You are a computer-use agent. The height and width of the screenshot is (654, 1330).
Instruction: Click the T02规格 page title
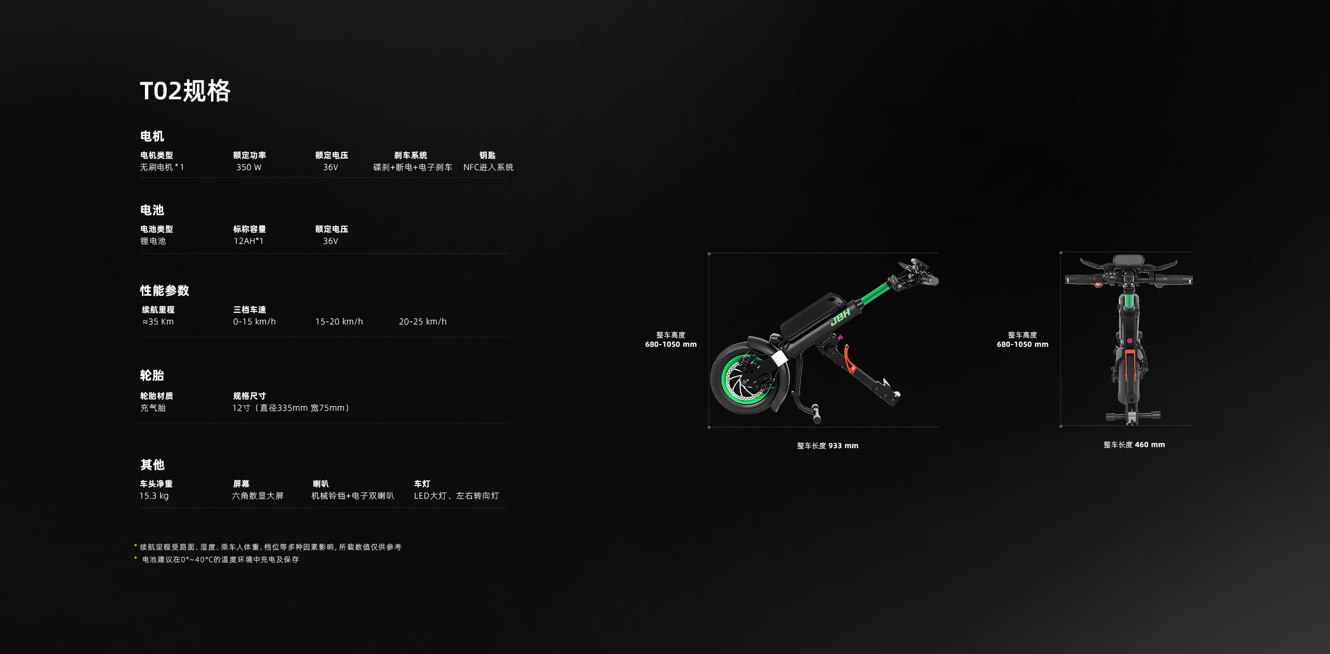point(185,91)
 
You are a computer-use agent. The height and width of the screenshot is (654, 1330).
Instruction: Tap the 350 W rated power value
point(249,167)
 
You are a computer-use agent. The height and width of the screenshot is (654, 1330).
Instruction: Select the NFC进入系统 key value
point(488,167)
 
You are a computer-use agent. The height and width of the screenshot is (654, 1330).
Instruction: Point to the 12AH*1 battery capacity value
point(248,241)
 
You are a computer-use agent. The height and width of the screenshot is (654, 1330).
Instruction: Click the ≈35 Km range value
point(158,322)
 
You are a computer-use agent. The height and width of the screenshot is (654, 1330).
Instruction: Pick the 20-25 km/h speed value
point(422,322)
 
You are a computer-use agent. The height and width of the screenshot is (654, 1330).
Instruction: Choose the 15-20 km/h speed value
point(339,322)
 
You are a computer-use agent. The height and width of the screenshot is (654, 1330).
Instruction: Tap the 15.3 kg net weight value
point(154,496)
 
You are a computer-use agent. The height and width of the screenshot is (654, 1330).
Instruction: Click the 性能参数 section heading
point(164,291)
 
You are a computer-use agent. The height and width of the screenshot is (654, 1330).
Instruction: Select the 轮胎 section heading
point(152,375)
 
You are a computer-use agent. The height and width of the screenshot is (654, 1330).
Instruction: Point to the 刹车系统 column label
point(410,155)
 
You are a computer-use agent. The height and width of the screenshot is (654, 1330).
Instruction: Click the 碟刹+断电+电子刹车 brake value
point(413,167)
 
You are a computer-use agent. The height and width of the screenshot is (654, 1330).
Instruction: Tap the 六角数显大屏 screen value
point(258,496)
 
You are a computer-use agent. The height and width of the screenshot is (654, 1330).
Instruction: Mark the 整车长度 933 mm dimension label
point(828,446)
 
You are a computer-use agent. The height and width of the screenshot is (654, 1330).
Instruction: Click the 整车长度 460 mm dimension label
point(1134,444)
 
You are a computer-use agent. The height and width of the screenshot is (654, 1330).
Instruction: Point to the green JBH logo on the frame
point(840,316)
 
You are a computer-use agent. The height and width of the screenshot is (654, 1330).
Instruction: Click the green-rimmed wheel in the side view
point(744,378)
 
